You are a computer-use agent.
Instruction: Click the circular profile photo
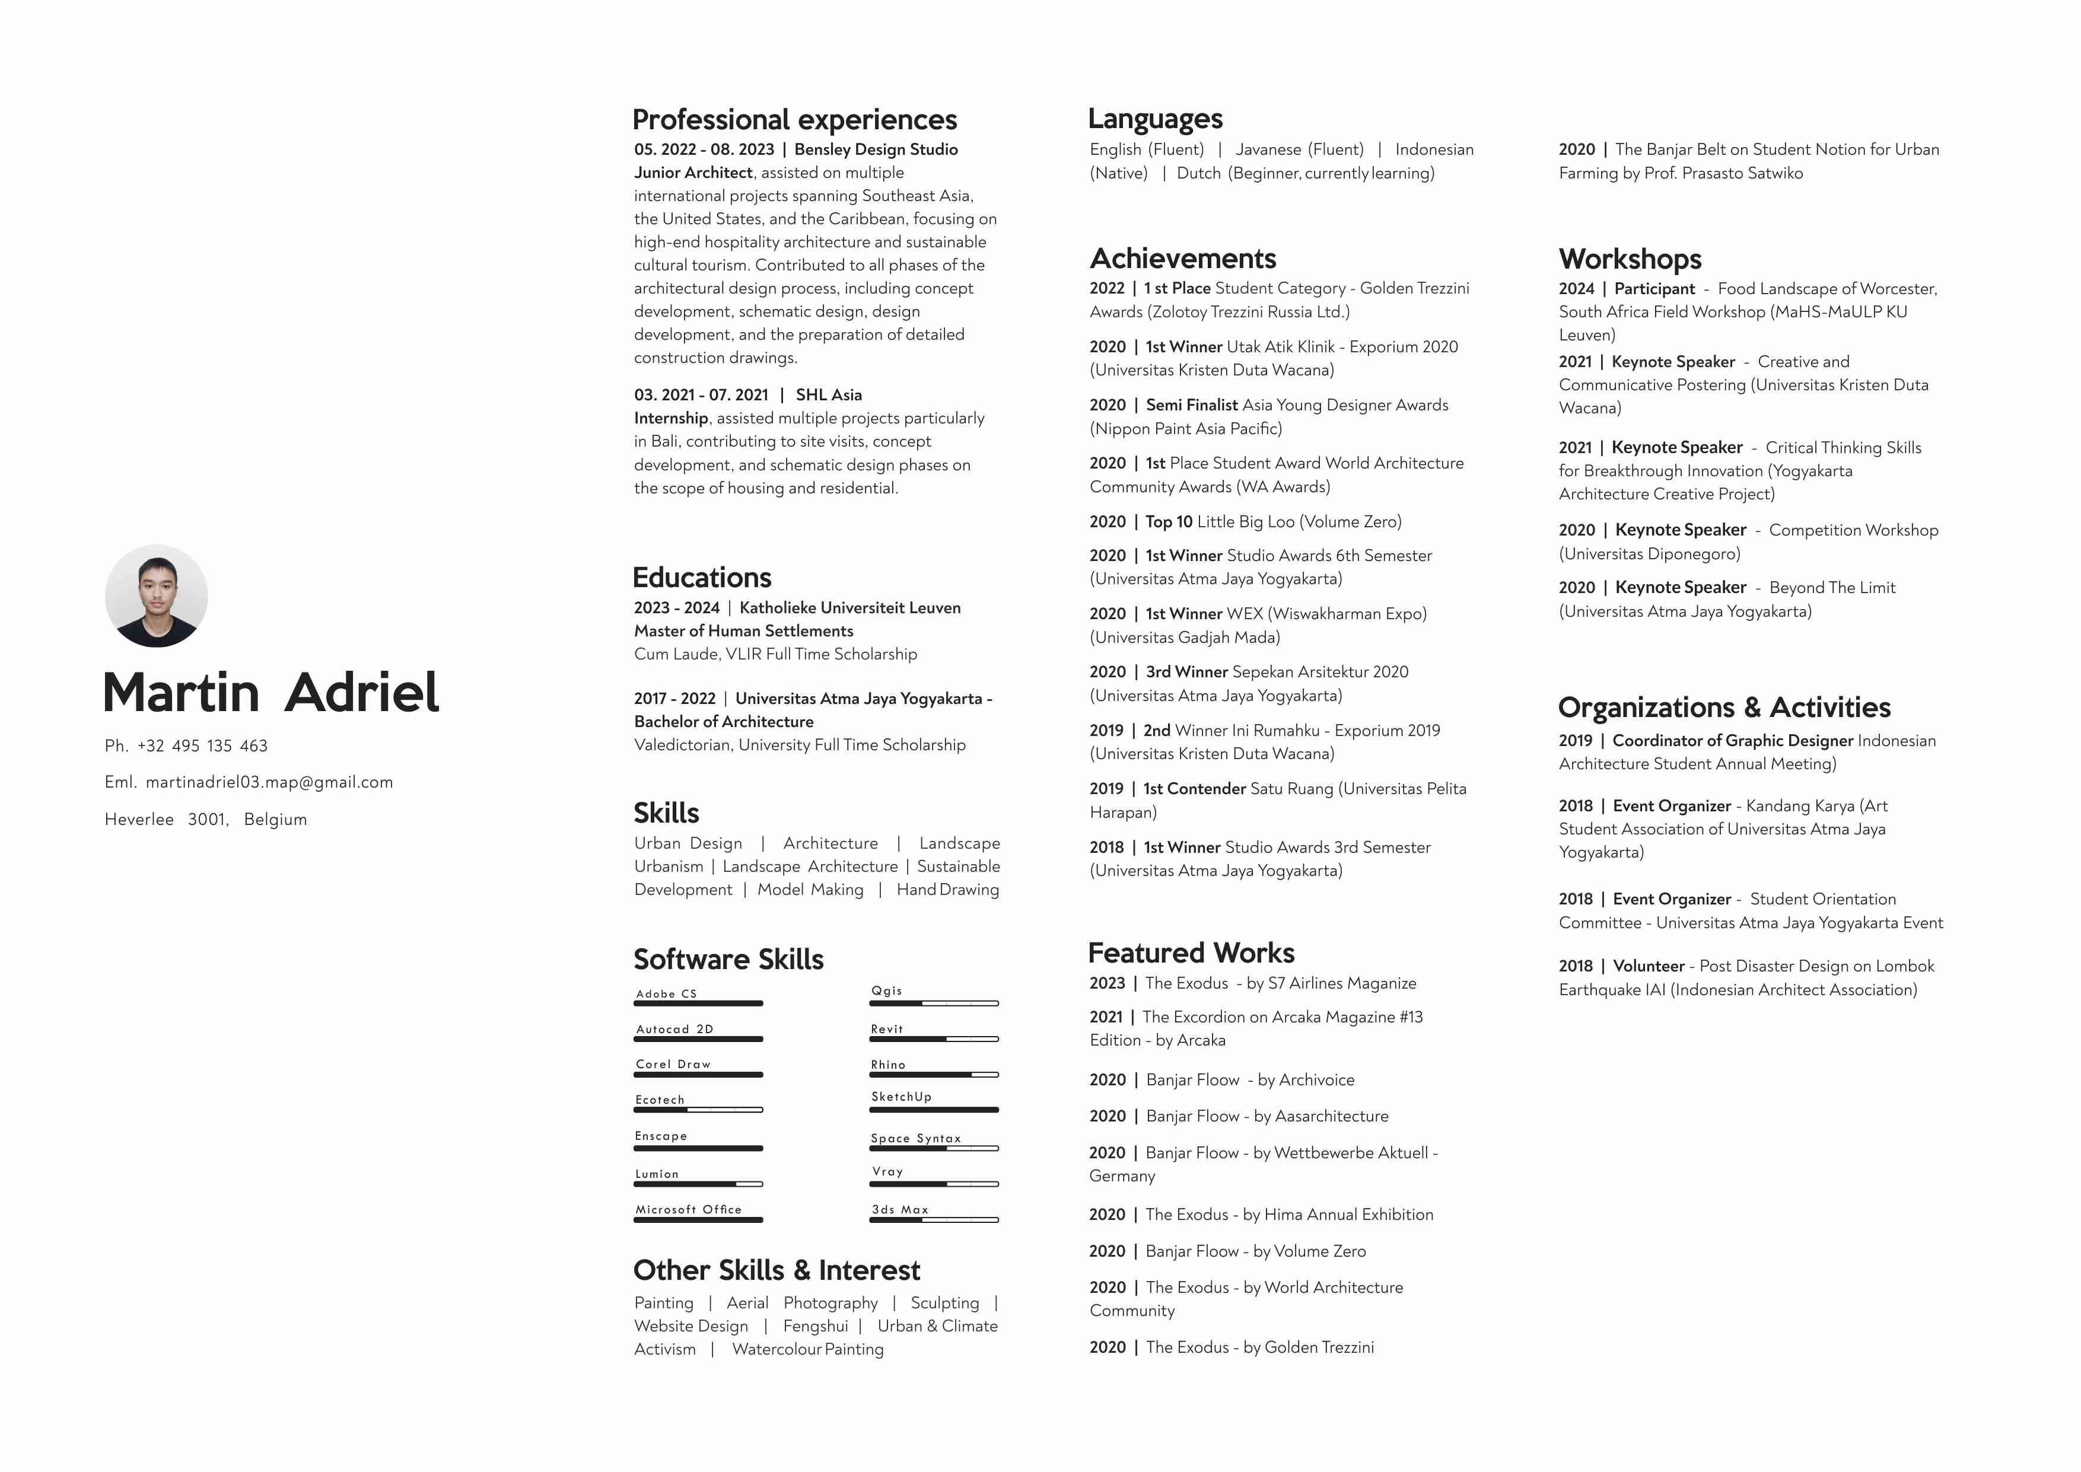coord(156,595)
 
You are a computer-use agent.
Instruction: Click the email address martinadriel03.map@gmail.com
coord(269,782)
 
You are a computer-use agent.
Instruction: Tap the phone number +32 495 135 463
coord(202,746)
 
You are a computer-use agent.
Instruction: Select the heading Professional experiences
coord(794,120)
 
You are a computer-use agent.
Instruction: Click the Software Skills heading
coord(728,959)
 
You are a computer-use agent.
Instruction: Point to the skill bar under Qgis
coord(934,1003)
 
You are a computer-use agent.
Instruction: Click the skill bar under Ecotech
coord(698,1110)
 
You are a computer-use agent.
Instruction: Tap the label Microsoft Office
coord(688,1209)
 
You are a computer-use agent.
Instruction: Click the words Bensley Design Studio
coord(876,149)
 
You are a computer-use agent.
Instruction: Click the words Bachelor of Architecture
coord(723,722)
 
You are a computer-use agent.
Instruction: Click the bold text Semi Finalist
coord(1191,405)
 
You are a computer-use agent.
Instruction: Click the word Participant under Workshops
coord(1654,288)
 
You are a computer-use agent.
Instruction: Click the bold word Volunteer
coord(1648,966)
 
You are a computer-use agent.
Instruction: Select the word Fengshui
coord(815,1326)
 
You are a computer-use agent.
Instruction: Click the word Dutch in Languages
coord(1198,173)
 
